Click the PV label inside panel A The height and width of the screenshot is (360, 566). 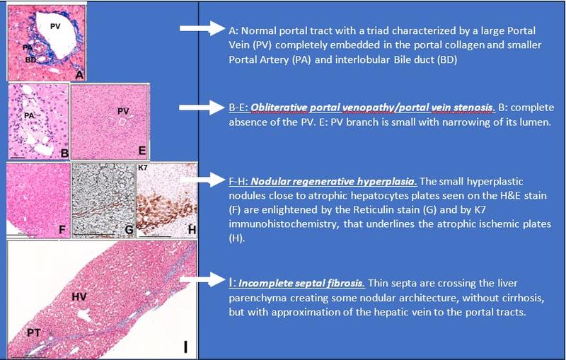click(55, 26)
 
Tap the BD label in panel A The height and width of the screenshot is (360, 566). click(30, 60)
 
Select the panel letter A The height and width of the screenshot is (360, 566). click(80, 75)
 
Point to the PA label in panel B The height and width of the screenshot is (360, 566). click(29, 115)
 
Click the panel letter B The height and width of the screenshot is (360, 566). click(64, 153)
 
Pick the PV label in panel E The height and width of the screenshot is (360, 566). click(123, 112)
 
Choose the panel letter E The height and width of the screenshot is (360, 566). click(142, 151)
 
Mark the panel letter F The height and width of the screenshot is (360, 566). click(62, 230)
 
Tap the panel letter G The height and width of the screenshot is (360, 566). click(129, 230)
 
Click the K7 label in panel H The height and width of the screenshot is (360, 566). click(143, 168)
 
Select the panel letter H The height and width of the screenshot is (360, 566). click(192, 230)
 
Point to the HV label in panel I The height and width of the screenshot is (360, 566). click(79, 296)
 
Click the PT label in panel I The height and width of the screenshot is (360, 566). click(34, 332)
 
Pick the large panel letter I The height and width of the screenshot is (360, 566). click(185, 347)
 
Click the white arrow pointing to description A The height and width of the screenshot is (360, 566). click(202, 28)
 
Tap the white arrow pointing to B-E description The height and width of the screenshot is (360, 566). click(202, 107)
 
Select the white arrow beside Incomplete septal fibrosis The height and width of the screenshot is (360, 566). click(202, 280)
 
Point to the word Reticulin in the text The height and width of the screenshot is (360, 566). click(370, 209)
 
